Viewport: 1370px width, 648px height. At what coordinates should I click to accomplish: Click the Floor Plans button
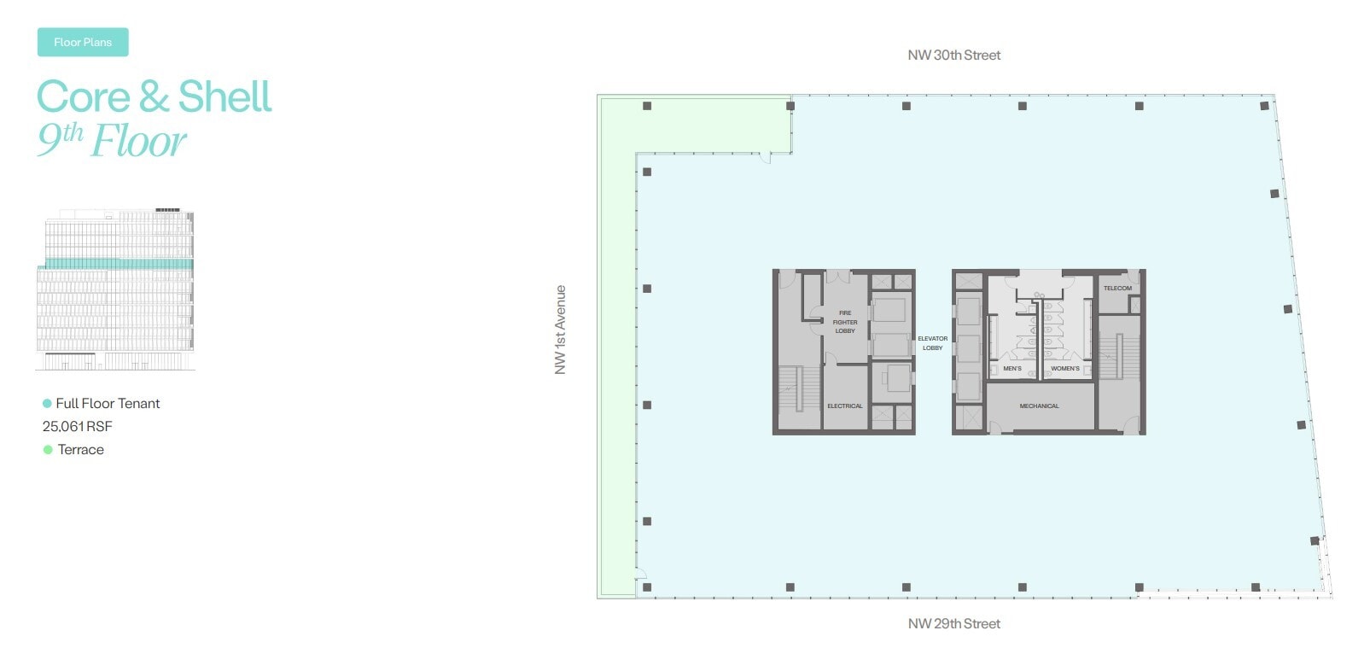(83, 42)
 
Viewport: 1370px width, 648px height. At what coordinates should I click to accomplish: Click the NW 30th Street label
(953, 55)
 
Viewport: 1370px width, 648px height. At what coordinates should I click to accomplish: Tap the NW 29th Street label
(953, 624)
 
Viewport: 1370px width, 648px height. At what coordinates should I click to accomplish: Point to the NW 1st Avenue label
(560, 330)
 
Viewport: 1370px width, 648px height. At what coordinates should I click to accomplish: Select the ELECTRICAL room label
(844, 406)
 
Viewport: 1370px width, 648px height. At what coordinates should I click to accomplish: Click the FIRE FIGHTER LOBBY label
(844, 322)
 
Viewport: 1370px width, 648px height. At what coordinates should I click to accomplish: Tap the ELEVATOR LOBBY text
(932, 343)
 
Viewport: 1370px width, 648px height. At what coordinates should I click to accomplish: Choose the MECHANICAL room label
(1039, 406)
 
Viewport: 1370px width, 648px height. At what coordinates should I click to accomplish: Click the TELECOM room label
(1117, 289)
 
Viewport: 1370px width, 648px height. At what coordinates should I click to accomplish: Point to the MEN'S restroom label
(1012, 369)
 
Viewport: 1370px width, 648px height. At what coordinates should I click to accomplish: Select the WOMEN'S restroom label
(1064, 369)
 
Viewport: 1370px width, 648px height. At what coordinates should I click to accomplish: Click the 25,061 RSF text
(78, 427)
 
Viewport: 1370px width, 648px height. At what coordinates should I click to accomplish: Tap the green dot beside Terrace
(48, 450)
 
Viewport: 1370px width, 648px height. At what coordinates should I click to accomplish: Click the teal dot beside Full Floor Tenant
(47, 404)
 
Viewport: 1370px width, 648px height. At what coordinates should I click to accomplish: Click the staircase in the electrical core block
(790, 389)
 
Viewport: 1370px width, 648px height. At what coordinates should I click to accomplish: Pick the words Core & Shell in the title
(154, 96)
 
